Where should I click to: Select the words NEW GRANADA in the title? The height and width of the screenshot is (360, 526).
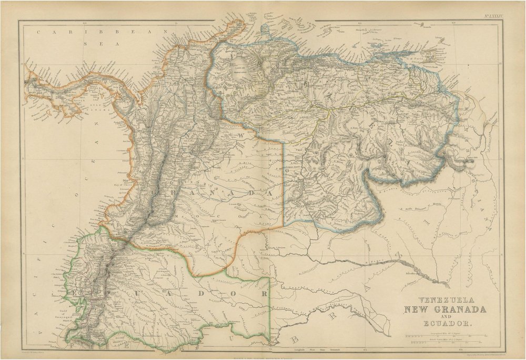click(x=444, y=309)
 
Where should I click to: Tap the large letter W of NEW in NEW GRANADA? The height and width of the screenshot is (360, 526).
click(x=249, y=136)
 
